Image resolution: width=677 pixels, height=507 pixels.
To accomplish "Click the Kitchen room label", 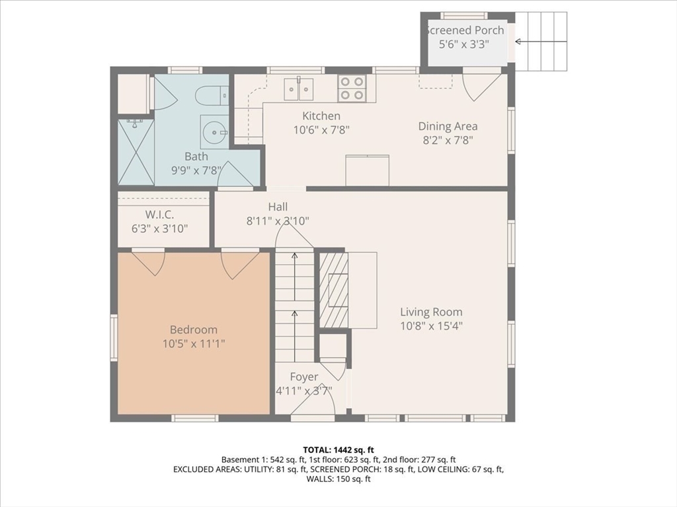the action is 321,116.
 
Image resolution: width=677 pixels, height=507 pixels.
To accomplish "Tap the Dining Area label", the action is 448,126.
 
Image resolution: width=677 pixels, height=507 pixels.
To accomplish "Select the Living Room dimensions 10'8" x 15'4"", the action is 431,326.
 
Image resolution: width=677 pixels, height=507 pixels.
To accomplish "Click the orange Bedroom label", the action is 194,330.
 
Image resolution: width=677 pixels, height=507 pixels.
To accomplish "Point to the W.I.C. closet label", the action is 160,215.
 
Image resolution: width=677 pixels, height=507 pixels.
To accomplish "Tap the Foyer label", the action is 304,377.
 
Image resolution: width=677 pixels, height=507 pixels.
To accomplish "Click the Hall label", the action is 278,207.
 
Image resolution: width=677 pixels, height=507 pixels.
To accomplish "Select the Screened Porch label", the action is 464,30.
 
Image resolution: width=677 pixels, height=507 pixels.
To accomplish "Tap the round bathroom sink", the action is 214,132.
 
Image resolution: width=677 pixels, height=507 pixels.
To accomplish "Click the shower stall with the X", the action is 136,152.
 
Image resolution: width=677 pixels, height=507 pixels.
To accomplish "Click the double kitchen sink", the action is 298,89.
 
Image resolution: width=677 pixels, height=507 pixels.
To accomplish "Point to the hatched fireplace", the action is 333,290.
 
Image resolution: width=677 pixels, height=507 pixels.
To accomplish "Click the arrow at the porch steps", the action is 541,42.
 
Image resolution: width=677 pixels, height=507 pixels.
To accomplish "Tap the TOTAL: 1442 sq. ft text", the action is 338,450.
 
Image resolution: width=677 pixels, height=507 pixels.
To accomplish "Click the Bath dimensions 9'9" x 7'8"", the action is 196,170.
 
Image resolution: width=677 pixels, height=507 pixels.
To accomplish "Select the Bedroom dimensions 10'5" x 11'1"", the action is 194,343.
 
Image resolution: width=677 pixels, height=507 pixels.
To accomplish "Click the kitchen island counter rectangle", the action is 368,171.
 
